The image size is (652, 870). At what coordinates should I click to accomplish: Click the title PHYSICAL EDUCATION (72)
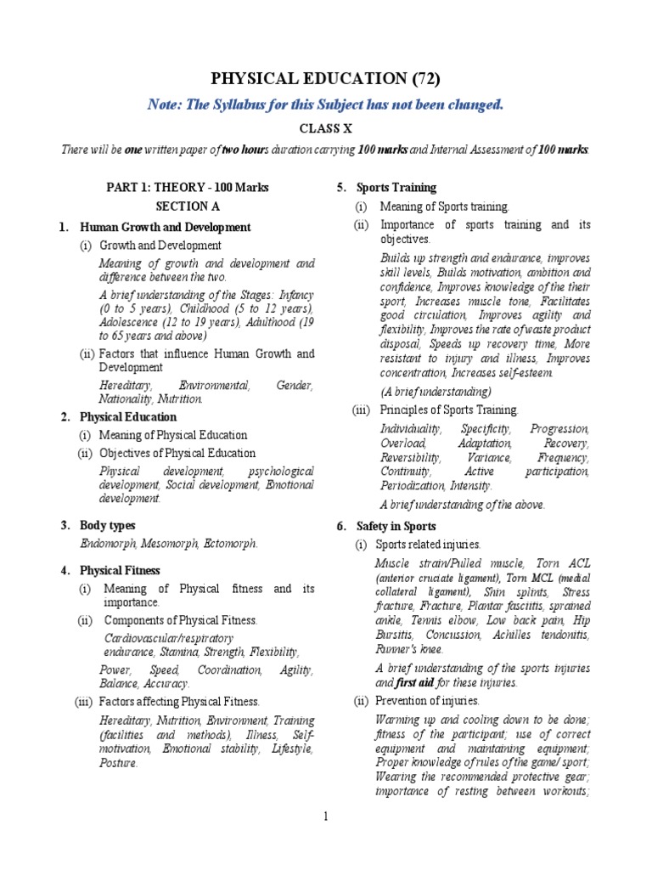[x=326, y=80]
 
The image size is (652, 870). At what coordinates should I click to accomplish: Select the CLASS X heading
[x=325, y=127]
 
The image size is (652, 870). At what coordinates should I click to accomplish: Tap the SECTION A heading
[x=182, y=206]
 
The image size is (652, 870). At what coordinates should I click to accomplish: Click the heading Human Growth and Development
[x=165, y=227]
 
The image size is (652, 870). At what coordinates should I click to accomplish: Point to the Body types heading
[x=107, y=526]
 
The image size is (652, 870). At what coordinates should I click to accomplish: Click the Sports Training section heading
[x=396, y=187]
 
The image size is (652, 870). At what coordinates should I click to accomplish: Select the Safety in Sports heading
[x=396, y=527]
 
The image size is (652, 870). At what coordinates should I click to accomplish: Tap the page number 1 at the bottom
[x=325, y=816]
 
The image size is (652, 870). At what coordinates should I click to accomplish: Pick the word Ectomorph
[x=228, y=544]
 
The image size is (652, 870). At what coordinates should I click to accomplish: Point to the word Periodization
[x=412, y=485]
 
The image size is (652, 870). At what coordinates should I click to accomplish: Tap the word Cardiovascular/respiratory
[x=168, y=637]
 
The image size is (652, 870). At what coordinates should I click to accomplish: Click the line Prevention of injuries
[x=430, y=701]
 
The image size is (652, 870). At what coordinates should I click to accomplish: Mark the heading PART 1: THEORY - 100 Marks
[x=181, y=187]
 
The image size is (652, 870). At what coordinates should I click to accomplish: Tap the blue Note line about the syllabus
[x=326, y=105]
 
